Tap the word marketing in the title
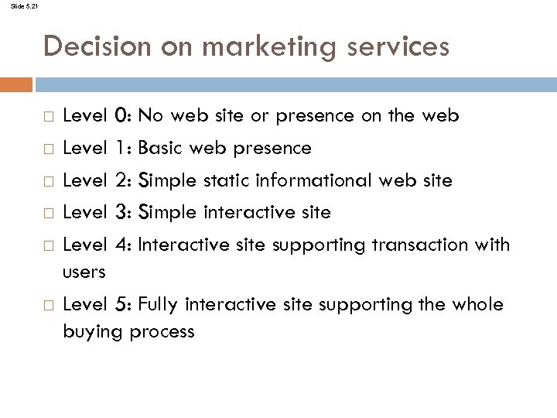click(x=255, y=47)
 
